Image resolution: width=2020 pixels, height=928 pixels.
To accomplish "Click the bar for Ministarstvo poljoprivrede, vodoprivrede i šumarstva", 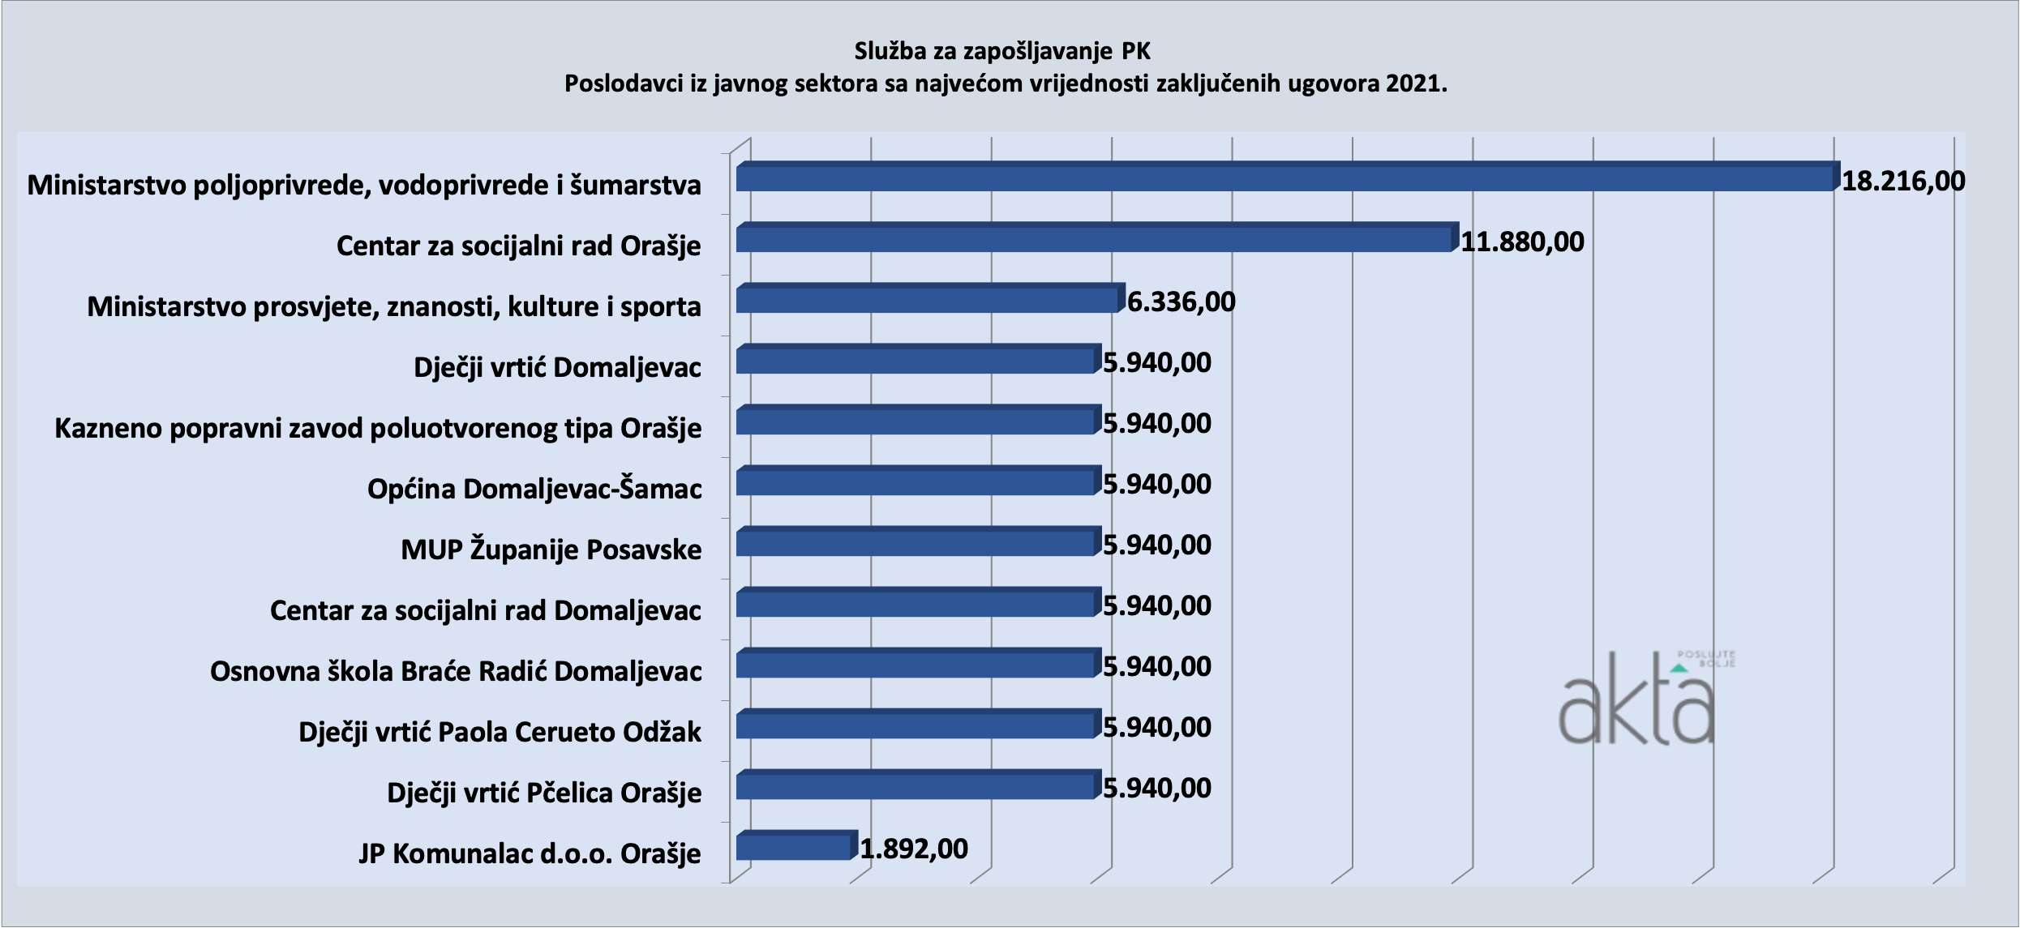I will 1285,178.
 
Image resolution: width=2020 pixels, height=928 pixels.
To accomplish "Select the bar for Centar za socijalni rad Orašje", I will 1095,239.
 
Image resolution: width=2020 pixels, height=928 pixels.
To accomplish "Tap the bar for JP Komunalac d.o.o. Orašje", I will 795,847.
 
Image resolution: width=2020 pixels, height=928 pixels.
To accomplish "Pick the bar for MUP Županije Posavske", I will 916,543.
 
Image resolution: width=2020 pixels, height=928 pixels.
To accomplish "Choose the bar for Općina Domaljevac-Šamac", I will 916,482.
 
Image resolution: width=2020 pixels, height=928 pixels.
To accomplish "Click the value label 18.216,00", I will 1903,181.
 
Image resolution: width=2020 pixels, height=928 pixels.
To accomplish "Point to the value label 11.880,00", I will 1522,242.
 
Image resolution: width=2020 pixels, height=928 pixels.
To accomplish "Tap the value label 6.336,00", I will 1181,302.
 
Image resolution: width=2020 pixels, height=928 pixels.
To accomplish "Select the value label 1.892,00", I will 914,849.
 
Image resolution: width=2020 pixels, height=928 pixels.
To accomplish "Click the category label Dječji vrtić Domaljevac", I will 557,367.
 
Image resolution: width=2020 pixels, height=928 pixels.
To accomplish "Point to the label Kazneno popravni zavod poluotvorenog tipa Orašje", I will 378,428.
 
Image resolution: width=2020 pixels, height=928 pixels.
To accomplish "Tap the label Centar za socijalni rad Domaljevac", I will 485,610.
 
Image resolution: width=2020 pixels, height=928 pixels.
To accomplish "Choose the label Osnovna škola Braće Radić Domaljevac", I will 456,671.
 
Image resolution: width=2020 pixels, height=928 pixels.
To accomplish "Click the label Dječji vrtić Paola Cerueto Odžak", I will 500,732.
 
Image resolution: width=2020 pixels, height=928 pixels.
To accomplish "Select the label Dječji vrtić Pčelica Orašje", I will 544,793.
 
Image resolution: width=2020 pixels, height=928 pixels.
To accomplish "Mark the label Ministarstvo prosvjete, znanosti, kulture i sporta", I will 394,306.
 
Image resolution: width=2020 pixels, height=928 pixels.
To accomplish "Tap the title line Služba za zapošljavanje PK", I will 1002,51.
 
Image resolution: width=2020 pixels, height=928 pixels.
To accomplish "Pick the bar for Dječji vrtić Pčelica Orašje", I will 916,786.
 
